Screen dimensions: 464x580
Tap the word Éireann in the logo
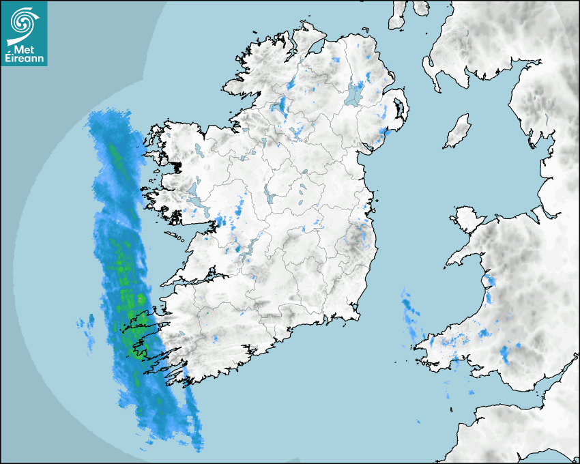(25, 59)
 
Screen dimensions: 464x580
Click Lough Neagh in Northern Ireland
(354, 93)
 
